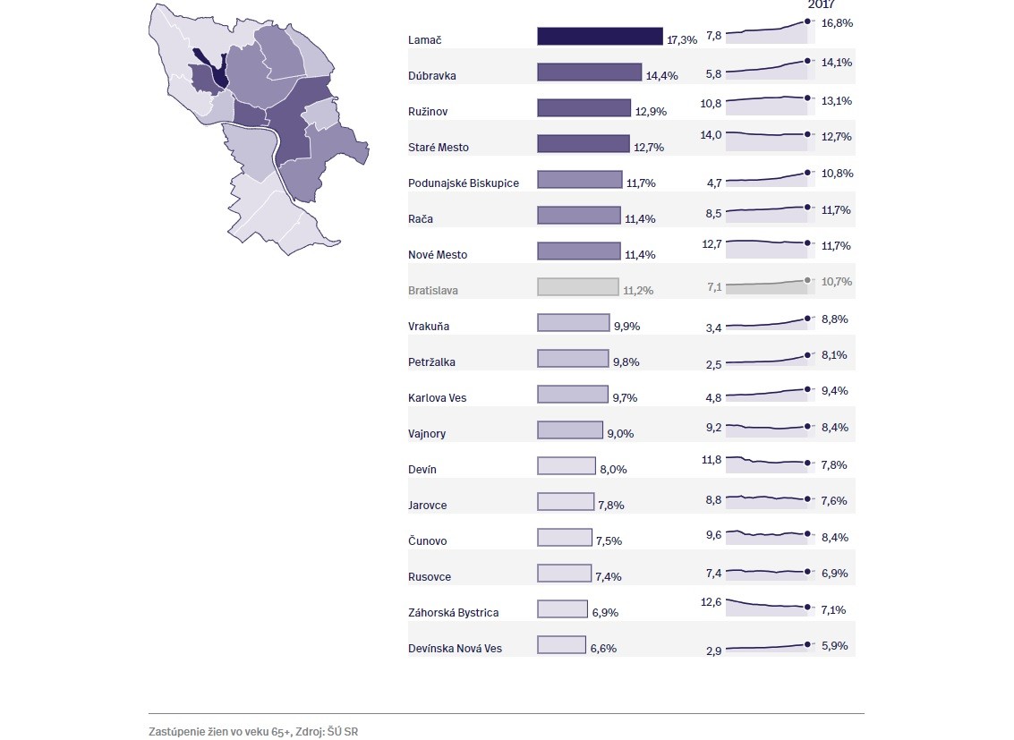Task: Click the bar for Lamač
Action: coord(600,36)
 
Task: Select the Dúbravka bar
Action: coord(589,72)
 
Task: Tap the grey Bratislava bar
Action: coord(577,286)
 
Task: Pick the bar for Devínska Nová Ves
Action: coord(561,644)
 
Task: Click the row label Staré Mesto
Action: coord(438,148)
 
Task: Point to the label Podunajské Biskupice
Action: coord(463,183)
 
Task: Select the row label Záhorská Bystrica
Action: coord(453,613)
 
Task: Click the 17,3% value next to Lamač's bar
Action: coord(682,40)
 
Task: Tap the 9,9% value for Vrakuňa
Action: coord(626,327)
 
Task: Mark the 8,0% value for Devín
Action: coord(613,470)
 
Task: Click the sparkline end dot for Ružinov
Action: coord(807,98)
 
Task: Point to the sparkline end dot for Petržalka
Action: coord(807,355)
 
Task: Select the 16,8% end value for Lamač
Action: coord(837,22)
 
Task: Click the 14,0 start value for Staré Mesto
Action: coord(711,134)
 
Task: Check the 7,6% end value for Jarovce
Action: coord(834,501)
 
